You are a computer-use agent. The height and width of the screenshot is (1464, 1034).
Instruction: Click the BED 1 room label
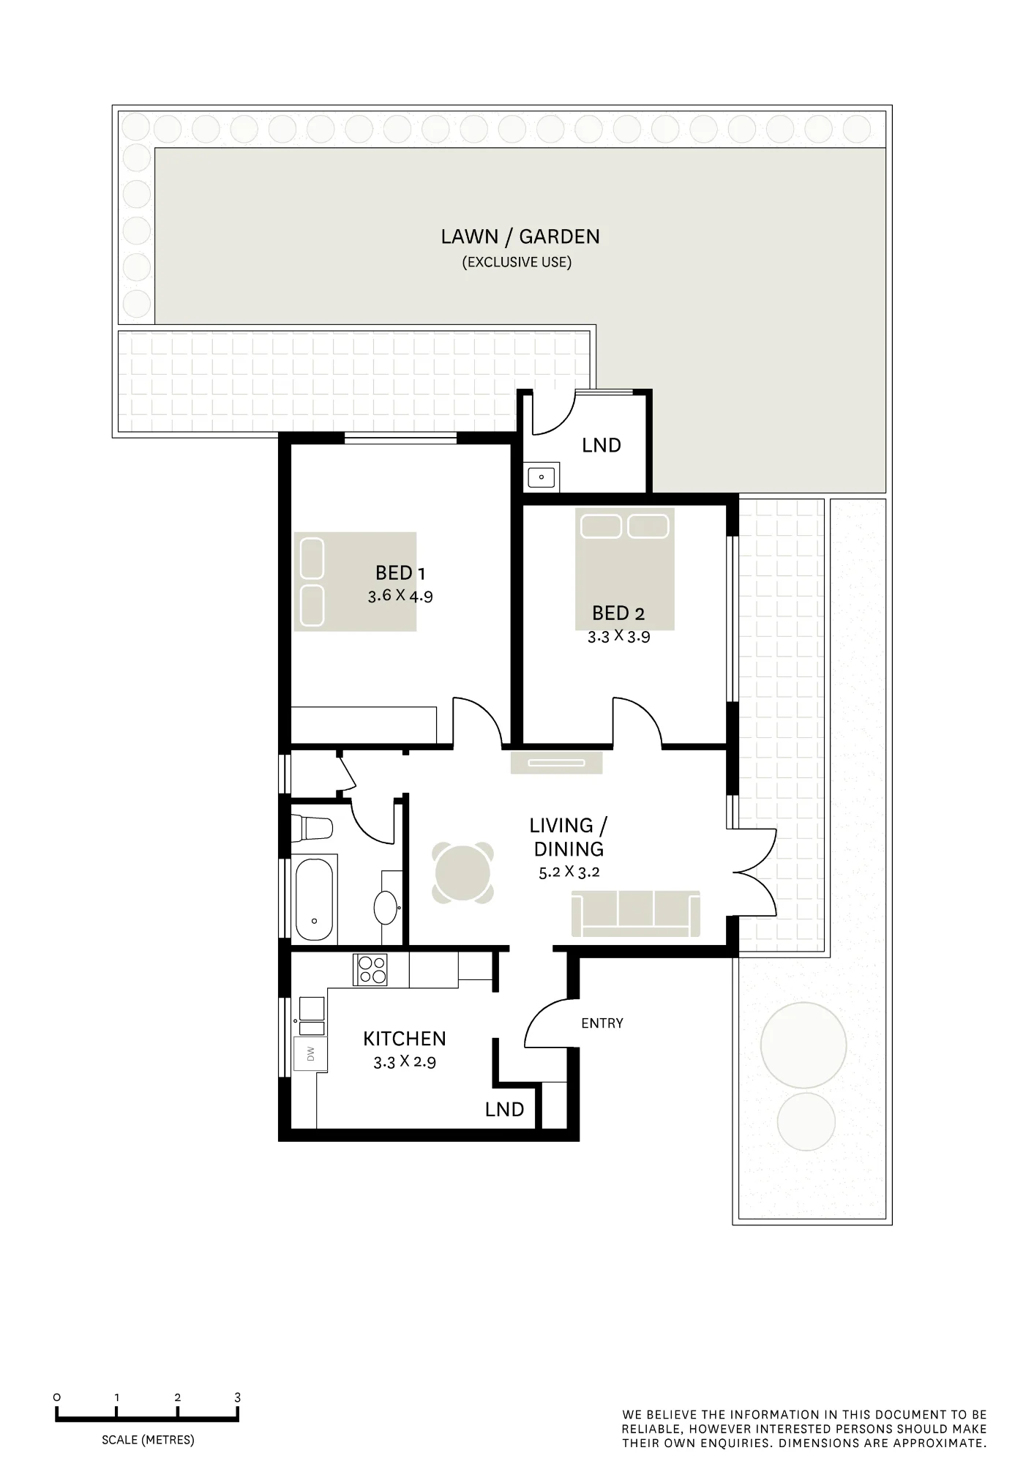(400, 572)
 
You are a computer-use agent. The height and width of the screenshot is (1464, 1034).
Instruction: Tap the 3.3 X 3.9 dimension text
(618, 637)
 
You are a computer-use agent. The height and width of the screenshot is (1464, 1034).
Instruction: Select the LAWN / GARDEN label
(520, 236)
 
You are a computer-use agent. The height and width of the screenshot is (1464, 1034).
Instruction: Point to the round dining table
(462, 872)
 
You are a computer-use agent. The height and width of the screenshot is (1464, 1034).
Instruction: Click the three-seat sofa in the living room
(636, 914)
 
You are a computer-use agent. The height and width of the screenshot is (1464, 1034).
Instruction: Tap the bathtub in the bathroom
(314, 900)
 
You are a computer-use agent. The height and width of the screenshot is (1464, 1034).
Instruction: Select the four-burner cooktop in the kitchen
(370, 970)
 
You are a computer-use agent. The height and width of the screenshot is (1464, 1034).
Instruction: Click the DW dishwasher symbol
(310, 1054)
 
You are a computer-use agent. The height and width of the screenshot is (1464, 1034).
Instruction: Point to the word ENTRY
(602, 1023)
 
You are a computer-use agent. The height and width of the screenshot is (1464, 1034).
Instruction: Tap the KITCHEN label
(405, 1039)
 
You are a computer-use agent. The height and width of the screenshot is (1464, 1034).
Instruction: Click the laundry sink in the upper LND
(542, 477)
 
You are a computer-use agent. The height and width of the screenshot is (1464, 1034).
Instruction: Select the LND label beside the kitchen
(505, 1110)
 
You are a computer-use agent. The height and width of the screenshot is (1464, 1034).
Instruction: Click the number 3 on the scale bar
(238, 1397)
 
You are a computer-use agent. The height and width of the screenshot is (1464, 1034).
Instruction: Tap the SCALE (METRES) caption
(148, 1440)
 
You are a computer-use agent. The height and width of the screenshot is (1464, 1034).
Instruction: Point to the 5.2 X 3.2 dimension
(569, 873)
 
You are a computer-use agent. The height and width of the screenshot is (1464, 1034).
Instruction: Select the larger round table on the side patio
(803, 1045)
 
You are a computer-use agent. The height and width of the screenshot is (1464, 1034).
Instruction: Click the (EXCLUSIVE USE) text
(517, 262)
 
